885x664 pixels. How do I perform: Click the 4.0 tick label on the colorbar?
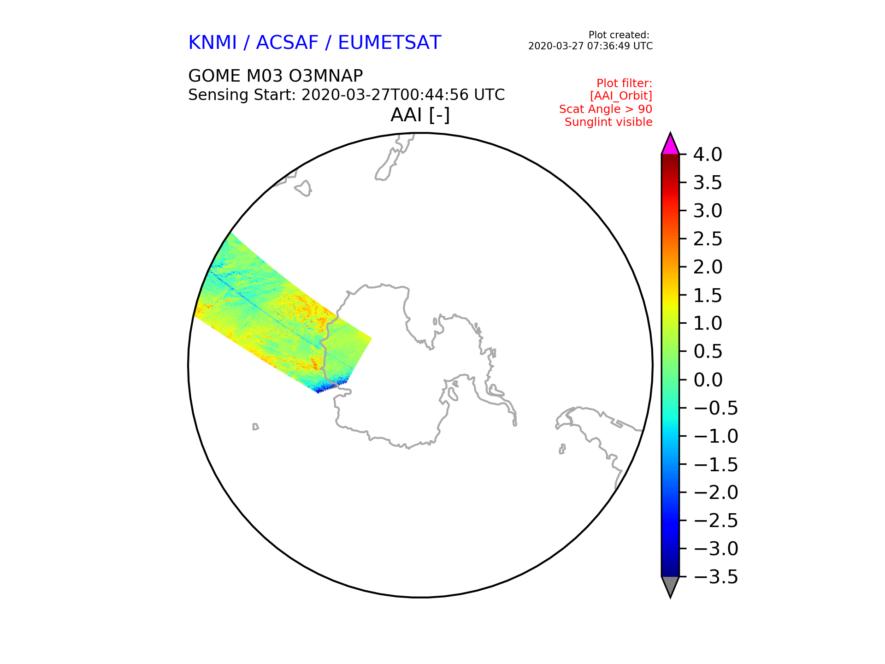point(708,154)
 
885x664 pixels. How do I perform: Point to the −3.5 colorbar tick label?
point(716,577)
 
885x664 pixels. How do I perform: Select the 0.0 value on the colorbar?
point(708,380)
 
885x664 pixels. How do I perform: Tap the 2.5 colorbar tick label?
point(708,239)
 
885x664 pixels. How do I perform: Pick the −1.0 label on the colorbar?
point(716,436)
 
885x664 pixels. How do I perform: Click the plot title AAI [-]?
point(420,115)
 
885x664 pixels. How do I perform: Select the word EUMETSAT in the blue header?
point(389,42)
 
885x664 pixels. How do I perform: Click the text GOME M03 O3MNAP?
point(276,76)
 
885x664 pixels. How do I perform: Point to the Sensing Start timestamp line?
point(347,95)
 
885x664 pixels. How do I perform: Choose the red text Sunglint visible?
point(608,122)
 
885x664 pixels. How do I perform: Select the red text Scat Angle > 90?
point(606,109)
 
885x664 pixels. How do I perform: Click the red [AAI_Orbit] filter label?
point(621,96)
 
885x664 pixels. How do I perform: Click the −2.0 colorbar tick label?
point(716,492)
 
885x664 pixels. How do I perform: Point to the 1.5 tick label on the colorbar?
point(708,296)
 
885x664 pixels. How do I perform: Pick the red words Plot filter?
point(625,83)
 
